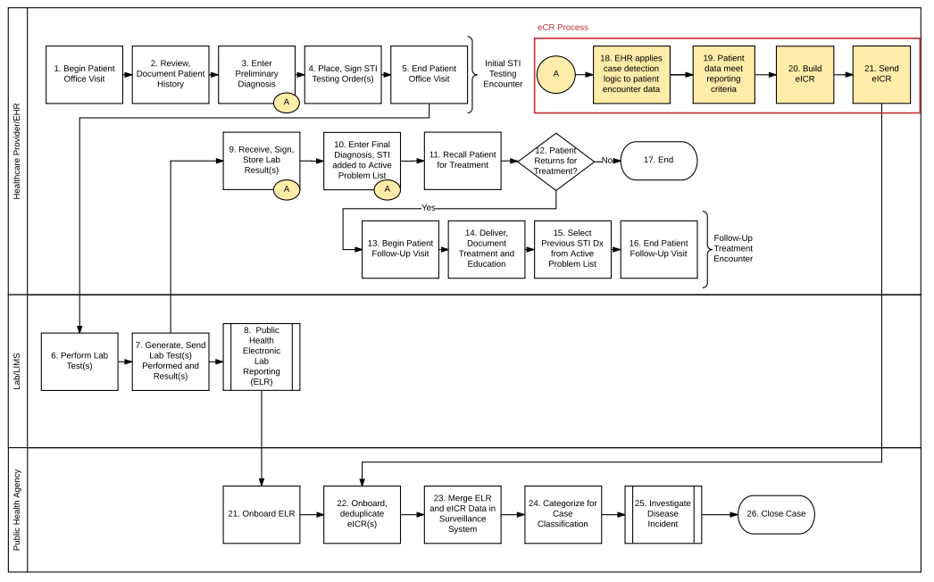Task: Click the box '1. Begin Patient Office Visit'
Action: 85,74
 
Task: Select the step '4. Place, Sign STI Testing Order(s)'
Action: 343,74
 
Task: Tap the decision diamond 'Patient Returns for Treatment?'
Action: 555,162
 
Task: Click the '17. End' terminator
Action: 659,161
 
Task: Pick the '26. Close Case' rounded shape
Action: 776,514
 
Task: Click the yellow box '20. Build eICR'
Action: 805,74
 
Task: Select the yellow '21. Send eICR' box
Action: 881,74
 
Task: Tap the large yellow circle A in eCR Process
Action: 555,74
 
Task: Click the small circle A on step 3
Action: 287,103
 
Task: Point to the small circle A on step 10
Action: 388,189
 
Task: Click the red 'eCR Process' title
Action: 563,28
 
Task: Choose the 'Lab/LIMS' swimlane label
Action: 17,371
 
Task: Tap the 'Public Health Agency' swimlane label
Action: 17,510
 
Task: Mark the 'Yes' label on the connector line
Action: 429,208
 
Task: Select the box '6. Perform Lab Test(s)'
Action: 79,362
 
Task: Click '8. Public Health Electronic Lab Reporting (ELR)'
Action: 262,357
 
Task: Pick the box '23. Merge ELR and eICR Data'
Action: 463,515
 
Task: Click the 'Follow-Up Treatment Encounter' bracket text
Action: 733,248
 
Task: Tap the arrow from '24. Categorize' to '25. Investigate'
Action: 613,515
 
